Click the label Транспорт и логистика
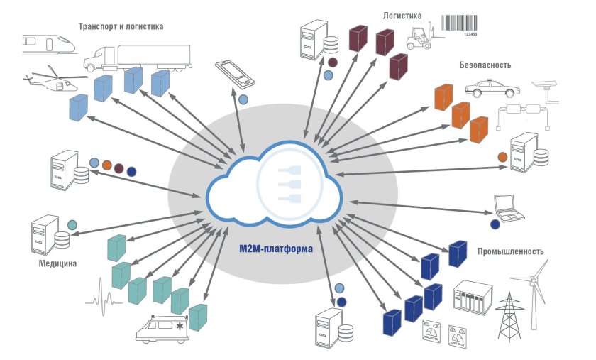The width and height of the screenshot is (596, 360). coord(122,27)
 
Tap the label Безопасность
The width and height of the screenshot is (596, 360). coord(485,65)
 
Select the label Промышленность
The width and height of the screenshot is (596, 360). coord(510,251)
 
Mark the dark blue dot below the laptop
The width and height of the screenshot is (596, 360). coord(495,225)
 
